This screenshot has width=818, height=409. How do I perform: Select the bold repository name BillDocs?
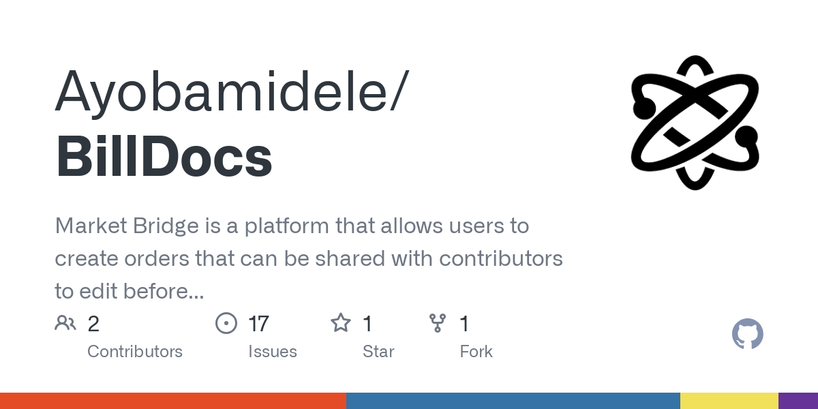coord(164,156)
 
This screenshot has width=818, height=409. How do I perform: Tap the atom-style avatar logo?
coord(695,123)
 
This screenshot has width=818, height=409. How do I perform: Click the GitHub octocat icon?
coord(748,334)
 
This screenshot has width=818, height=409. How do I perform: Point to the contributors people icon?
coord(65,323)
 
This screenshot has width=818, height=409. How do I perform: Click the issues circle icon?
coord(226,323)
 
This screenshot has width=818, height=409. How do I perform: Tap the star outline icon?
coord(341,323)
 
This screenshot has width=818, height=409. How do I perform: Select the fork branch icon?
coord(438,323)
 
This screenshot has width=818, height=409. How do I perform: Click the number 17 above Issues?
coord(258,324)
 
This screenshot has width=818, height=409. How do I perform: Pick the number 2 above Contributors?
coord(93,324)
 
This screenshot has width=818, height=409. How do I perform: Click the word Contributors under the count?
coord(135,352)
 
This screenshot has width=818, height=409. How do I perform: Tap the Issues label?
coord(273,352)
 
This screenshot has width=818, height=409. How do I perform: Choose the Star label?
coord(378,352)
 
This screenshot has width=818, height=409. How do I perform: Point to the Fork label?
coord(476,352)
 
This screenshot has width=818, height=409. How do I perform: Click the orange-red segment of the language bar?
coord(173,401)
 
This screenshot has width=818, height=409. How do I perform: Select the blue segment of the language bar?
coord(513,401)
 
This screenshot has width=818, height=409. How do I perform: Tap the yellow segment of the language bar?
coord(729,401)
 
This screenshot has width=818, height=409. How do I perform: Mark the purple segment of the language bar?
coord(798,401)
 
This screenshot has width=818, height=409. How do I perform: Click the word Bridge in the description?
coord(166,226)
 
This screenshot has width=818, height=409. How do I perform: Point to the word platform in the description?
coord(287,226)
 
